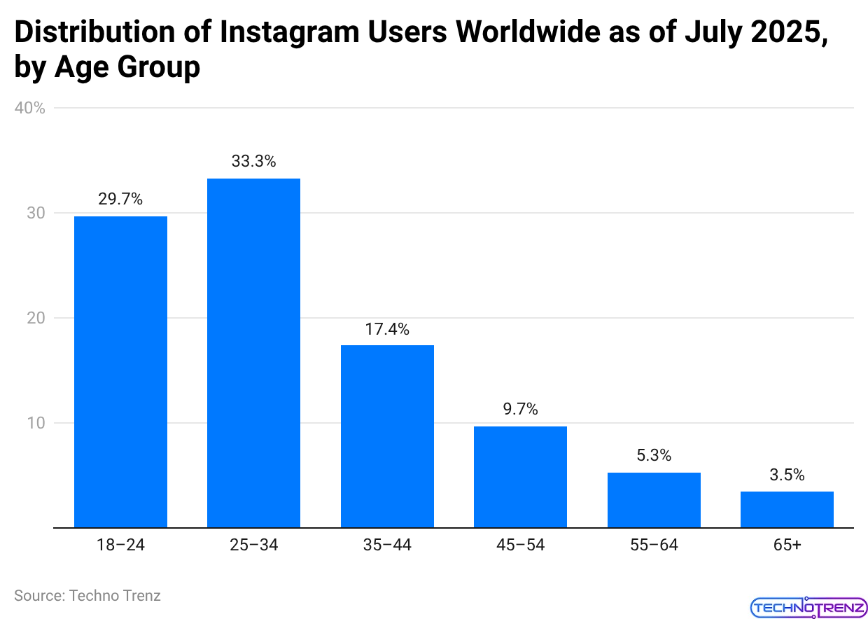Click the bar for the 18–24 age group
[120, 372]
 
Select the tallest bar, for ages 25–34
[253, 353]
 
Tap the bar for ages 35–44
[387, 436]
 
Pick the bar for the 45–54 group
[520, 477]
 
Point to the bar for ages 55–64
[654, 500]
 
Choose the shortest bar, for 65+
[787, 509]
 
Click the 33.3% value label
[253, 161]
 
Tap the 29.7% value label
[120, 199]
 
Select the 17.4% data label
[387, 328]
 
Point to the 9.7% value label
[520, 410]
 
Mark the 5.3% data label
[654, 455]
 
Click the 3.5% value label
[787, 475]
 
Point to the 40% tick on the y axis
[30, 109]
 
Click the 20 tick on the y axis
[36, 318]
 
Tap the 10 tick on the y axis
[36, 423]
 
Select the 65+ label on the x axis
[787, 545]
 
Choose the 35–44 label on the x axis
[387, 545]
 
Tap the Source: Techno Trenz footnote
[87, 596]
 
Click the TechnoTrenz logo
[808, 606]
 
